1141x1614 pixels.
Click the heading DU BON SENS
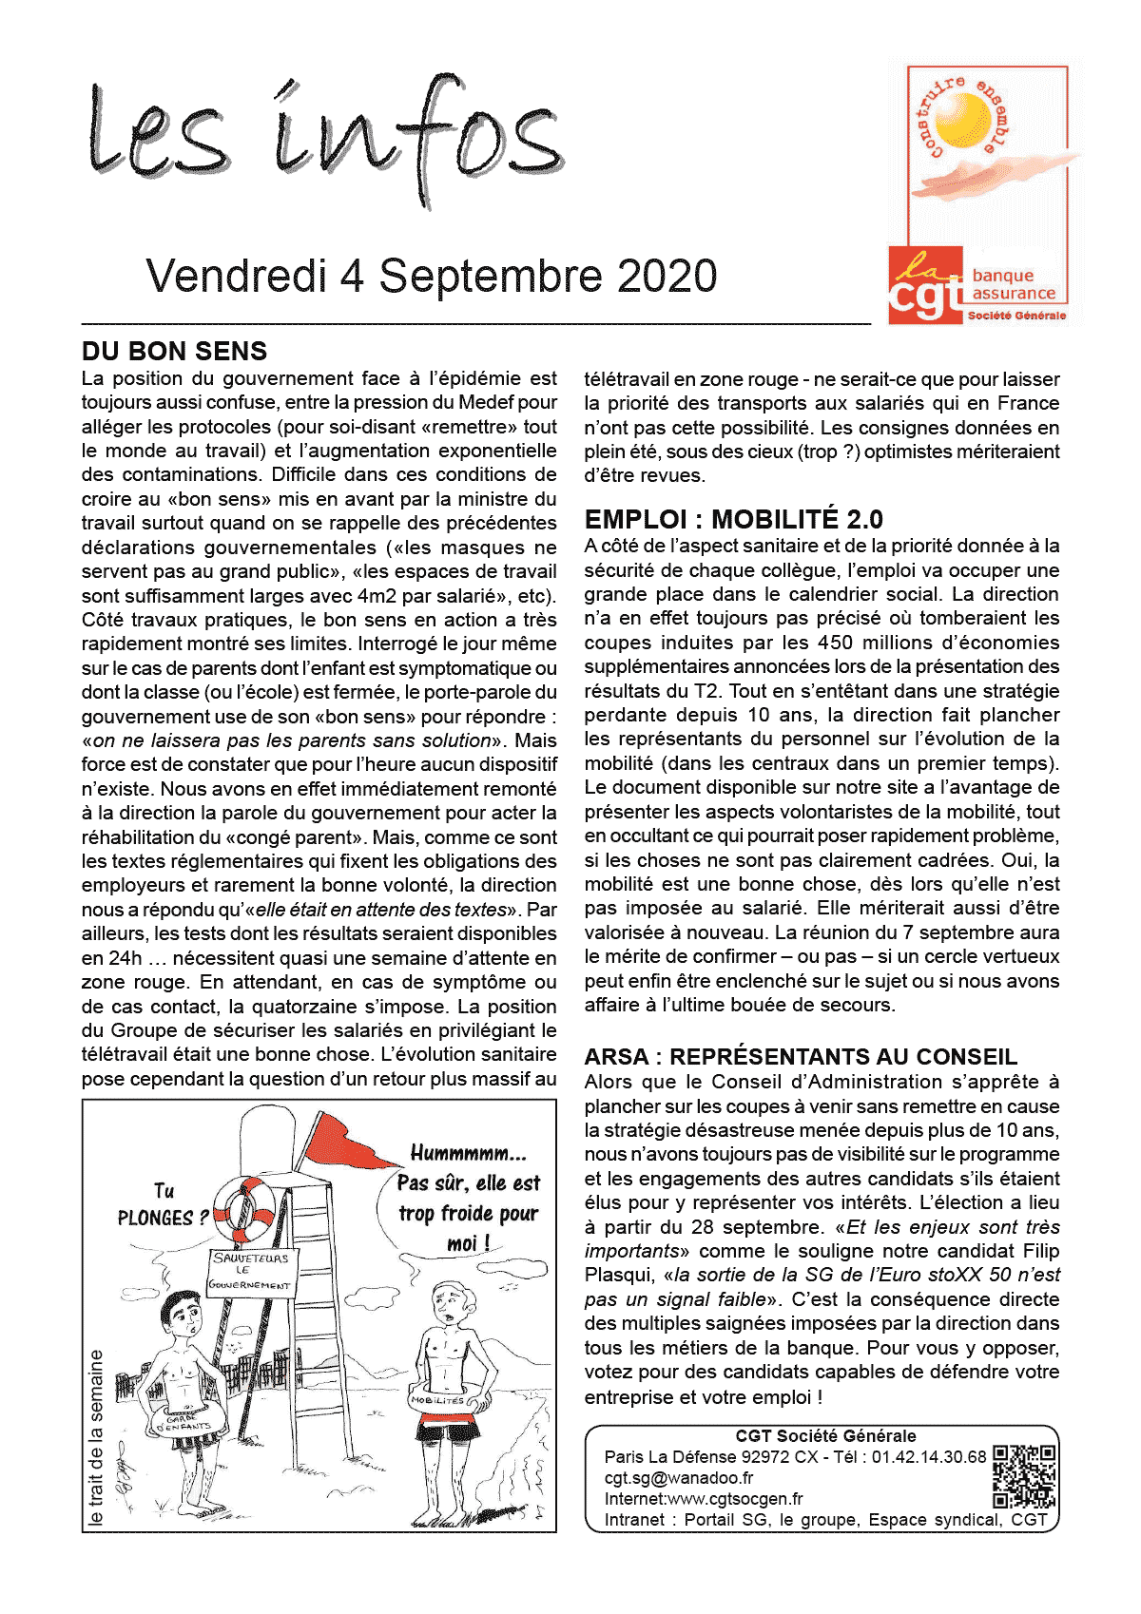point(175,352)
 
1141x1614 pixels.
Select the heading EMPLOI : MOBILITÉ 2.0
point(733,519)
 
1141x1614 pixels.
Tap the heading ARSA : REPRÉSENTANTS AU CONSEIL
point(801,1057)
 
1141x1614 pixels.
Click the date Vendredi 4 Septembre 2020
point(432,277)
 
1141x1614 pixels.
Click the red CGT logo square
point(924,285)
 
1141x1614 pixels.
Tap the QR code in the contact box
point(1025,1476)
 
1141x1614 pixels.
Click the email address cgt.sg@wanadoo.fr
point(679,1478)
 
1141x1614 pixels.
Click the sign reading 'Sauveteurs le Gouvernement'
point(251,1271)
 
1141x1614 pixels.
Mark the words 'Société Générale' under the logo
point(1016,316)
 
